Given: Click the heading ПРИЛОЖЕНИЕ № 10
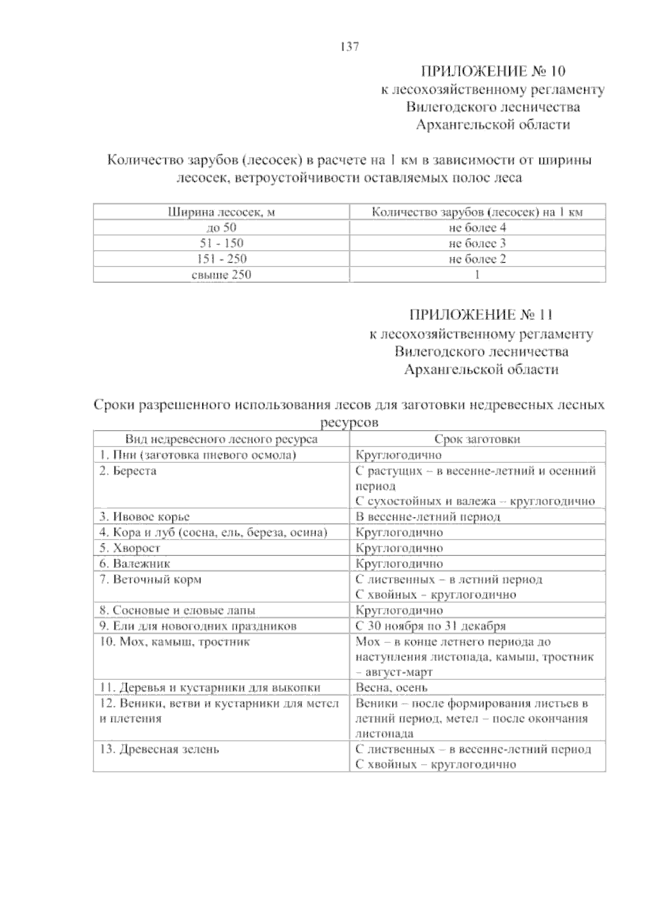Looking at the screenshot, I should pyautogui.click(x=493, y=71).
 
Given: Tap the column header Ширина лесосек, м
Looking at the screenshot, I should pyautogui.click(x=221, y=212).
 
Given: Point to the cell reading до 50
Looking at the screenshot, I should pyautogui.click(x=221, y=228).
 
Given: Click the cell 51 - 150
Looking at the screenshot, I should pyautogui.click(x=221, y=243).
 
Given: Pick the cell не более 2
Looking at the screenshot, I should pyautogui.click(x=477, y=259).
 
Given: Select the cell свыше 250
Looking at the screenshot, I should pyautogui.click(x=221, y=275).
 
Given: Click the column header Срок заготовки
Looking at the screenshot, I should pyautogui.click(x=477, y=439).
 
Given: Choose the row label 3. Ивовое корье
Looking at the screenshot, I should pyautogui.click(x=145, y=517).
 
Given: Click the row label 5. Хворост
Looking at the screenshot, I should pyautogui.click(x=130, y=548).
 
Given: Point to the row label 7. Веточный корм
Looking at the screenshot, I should pyautogui.click(x=151, y=580).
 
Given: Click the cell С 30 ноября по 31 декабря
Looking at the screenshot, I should pyautogui.click(x=430, y=626).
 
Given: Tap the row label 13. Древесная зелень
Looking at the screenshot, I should pyautogui.click(x=160, y=749).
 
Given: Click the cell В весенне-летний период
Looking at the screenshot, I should pyautogui.click(x=428, y=517).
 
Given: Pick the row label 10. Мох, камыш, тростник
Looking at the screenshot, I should pyautogui.click(x=174, y=642).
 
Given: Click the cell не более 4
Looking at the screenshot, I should pyautogui.click(x=477, y=228).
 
